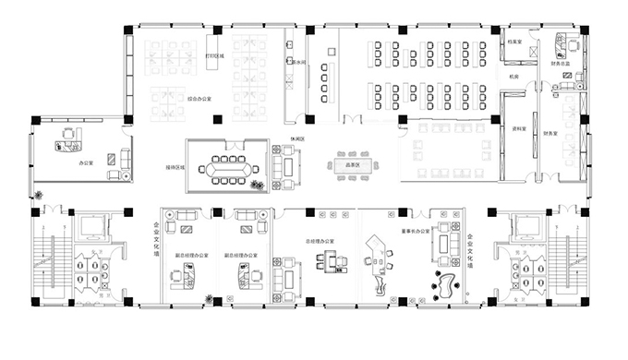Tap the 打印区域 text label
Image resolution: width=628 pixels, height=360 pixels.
[x=214, y=55]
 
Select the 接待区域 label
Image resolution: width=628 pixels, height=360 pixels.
[x=175, y=167]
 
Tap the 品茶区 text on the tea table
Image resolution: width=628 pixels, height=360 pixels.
[x=351, y=164]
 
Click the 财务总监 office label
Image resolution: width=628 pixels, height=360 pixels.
[x=561, y=63]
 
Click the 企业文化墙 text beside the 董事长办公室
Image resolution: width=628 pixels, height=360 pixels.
[x=469, y=250]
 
